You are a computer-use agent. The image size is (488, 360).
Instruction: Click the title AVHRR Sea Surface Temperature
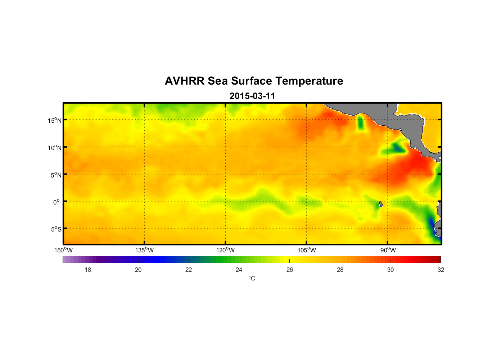click(x=254, y=81)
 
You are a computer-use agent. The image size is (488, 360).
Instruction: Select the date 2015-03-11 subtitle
click(x=252, y=96)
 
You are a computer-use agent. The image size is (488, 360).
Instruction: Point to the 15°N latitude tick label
click(x=55, y=120)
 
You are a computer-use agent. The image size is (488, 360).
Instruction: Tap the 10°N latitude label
click(x=55, y=148)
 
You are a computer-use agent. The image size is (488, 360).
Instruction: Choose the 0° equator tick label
click(x=57, y=202)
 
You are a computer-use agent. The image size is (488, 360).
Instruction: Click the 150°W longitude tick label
click(x=63, y=250)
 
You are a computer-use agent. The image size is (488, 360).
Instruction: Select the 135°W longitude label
click(x=144, y=250)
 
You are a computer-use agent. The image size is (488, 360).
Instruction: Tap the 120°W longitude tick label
click(x=225, y=250)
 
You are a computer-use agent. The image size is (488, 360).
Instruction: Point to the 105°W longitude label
click(x=307, y=250)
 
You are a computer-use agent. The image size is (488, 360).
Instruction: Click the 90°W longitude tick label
click(x=388, y=250)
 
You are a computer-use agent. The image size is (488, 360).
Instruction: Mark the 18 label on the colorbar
click(x=88, y=270)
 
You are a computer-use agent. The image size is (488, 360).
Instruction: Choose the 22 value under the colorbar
click(x=189, y=270)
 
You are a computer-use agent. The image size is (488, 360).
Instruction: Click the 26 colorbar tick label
click(x=290, y=270)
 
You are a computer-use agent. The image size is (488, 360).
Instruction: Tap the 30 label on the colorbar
click(x=390, y=270)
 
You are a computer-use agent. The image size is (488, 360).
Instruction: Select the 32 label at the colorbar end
click(x=441, y=270)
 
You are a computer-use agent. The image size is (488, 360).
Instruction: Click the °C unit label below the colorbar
click(x=252, y=278)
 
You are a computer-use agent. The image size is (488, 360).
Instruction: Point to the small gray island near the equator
click(x=381, y=204)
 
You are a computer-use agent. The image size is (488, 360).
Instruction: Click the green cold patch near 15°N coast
click(x=361, y=123)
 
